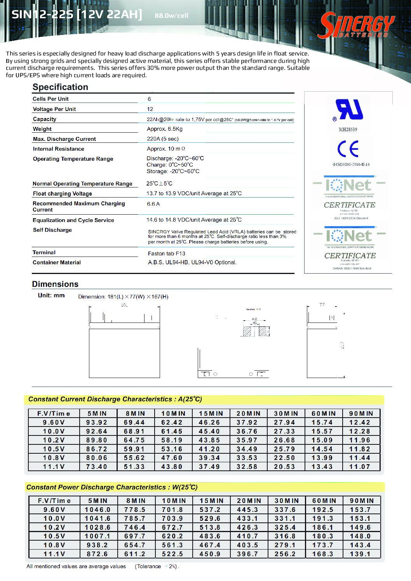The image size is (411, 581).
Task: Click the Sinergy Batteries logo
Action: coord(356,26)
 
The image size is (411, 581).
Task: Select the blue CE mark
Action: coord(348,149)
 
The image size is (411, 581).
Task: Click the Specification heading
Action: coord(60,87)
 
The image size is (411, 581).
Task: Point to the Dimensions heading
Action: coord(55,284)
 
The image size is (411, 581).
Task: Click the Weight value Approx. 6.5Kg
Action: coord(165,129)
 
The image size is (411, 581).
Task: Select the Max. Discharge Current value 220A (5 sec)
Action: coord(163,139)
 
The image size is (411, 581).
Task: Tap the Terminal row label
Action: coord(44,252)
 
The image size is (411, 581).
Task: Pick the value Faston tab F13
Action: coord(167,253)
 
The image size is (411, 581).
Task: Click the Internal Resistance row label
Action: coord(58,149)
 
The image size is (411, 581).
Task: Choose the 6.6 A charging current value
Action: coord(153,204)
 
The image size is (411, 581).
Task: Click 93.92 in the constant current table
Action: coord(97,422)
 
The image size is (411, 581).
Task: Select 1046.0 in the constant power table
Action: coord(98,510)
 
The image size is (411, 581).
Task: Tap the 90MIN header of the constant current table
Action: coord(361,413)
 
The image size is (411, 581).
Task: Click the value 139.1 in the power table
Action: coord(360,554)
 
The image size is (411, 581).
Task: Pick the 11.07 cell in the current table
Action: coord(360,467)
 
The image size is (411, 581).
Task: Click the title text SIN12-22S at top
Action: coord(42,15)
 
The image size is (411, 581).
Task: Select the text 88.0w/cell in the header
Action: coord(171,16)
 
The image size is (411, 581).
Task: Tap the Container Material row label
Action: coord(57,262)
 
